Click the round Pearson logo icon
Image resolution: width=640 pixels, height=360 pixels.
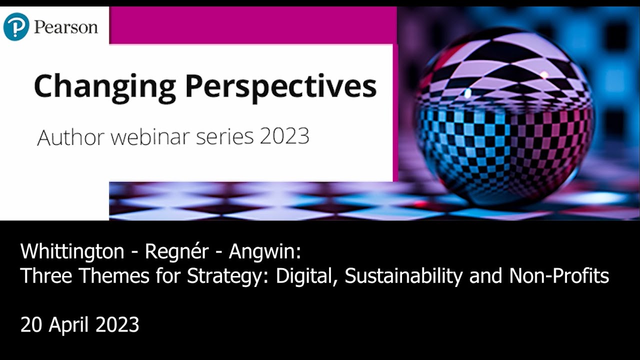point(16,27)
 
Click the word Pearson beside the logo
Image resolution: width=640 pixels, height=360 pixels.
point(65,27)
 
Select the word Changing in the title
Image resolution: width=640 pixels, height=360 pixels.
point(104,86)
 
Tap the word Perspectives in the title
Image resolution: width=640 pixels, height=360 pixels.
point(280,86)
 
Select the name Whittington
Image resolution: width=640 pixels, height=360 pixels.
point(72,251)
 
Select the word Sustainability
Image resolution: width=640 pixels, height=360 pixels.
point(404,275)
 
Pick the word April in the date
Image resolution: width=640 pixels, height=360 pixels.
point(69,325)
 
